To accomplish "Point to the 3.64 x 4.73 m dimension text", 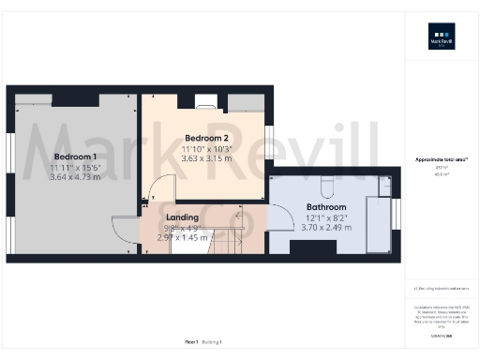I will [77, 176].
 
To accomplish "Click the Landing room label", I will [182, 217].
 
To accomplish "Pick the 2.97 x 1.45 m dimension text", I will [182, 238].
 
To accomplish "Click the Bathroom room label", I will [326, 207].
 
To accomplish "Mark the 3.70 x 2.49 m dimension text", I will [326, 228].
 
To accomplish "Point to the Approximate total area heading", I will [442, 160].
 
